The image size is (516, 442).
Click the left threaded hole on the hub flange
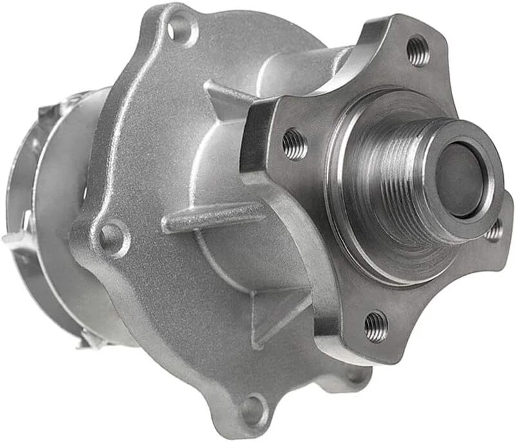pos(294,144)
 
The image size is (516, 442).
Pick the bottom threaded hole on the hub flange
pos(376,325)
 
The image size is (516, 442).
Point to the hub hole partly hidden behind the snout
pos(495,231)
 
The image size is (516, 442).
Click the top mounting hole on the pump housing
pos(180,29)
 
